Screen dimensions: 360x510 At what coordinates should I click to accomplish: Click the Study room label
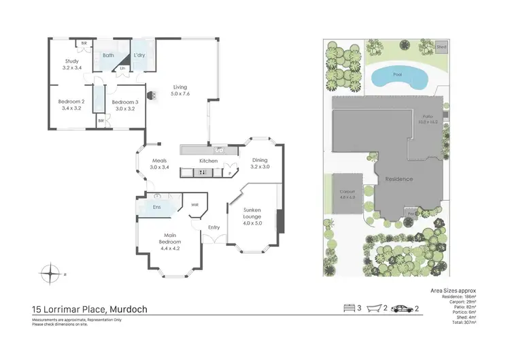click(71, 61)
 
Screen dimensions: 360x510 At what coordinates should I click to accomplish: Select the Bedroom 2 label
click(71, 101)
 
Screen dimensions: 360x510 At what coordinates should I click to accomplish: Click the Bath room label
click(108, 55)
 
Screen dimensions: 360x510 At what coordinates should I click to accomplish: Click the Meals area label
click(158, 161)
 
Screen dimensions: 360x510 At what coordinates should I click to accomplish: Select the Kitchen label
click(208, 161)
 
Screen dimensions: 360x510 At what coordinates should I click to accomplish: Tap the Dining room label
click(260, 161)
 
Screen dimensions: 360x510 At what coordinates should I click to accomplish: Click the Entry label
click(214, 227)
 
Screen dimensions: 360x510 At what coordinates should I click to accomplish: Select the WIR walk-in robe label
click(194, 204)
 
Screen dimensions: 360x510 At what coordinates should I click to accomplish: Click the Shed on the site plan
click(442, 48)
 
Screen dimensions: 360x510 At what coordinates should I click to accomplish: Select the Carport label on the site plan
click(347, 193)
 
